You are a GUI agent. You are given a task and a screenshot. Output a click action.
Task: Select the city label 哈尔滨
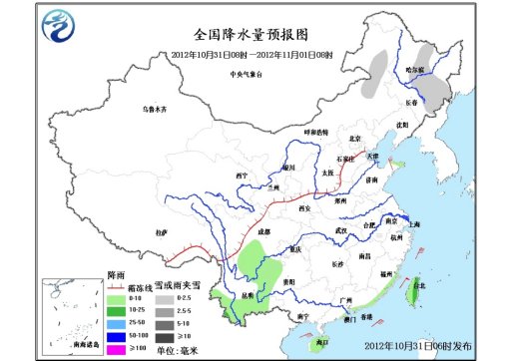click(414, 69)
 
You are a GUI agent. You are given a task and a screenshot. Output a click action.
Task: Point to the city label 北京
click(351, 138)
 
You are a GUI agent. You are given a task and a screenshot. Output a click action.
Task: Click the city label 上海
click(414, 225)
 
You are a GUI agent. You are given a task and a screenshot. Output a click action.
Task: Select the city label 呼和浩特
click(315, 132)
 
